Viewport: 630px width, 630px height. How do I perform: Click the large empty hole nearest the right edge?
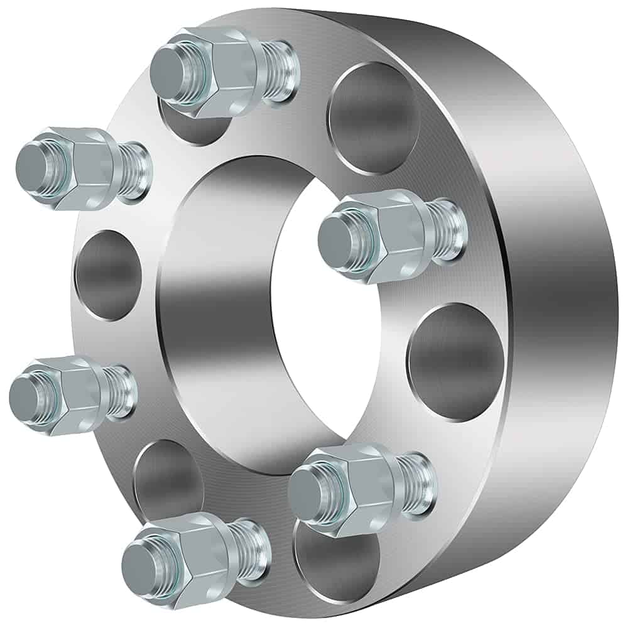point(455,362)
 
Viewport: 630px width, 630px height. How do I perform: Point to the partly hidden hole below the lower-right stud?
point(339,565)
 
